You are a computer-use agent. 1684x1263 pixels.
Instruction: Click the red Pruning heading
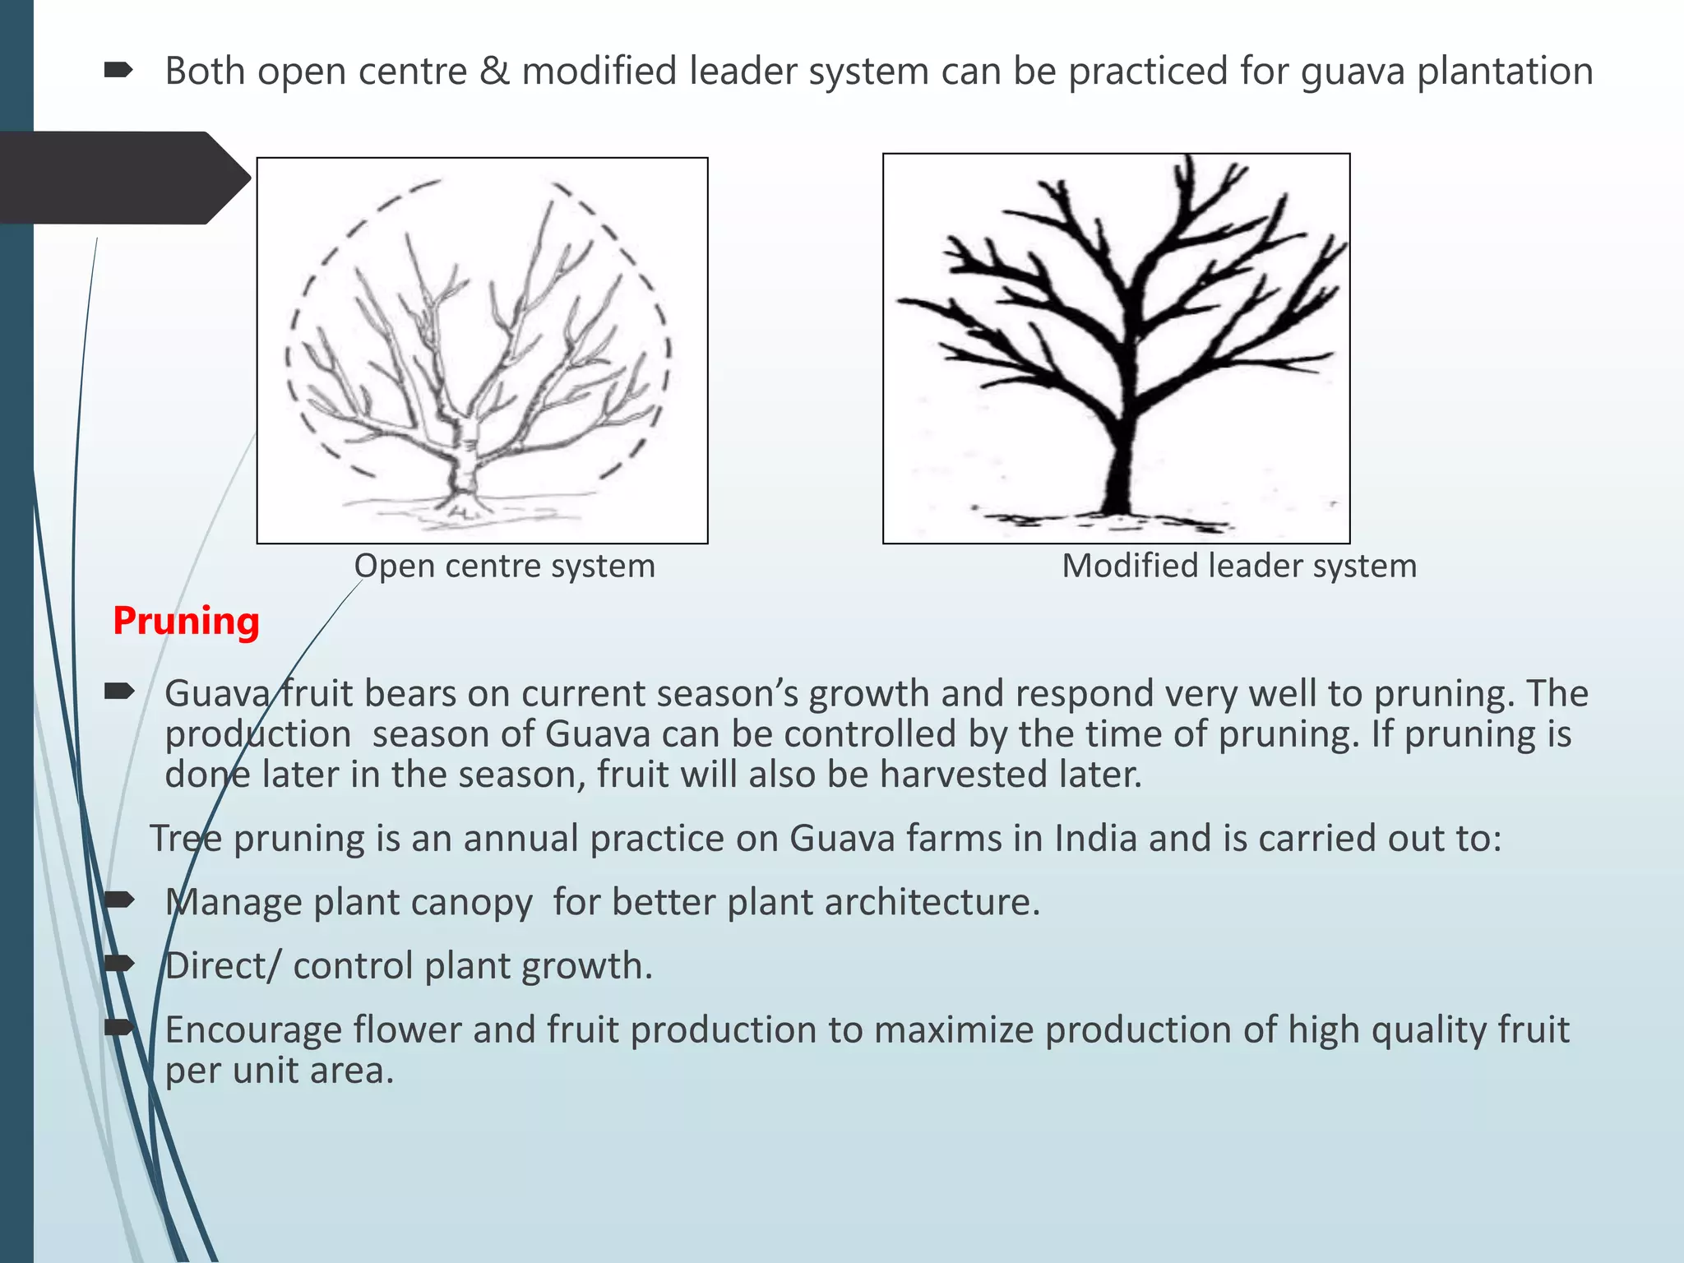pos(186,621)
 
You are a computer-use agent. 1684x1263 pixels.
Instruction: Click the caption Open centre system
pos(504,566)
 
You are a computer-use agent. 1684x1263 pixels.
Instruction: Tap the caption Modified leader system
pos(1239,566)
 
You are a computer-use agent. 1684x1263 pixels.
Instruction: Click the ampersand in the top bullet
pos(494,71)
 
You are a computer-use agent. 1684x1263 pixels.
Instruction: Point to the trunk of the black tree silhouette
pos(1118,469)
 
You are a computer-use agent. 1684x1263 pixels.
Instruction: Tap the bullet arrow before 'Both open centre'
pos(119,72)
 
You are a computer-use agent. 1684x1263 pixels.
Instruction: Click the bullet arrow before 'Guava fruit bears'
pos(119,692)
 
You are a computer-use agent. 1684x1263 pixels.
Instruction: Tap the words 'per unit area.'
pos(280,1071)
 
